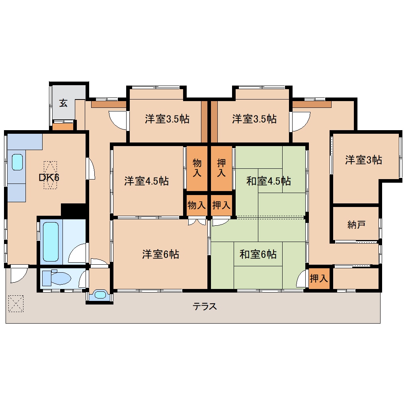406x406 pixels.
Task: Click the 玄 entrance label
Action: pyautogui.click(x=63, y=103)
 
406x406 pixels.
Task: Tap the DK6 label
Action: pyautogui.click(x=49, y=178)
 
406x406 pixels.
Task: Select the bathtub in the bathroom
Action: pyautogui.click(x=51, y=242)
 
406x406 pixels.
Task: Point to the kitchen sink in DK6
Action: pyautogui.click(x=18, y=162)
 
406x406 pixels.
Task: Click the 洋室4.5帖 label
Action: pyautogui.click(x=146, y=181)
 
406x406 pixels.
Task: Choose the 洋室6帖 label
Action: pyautogui.click(x=160, y=254)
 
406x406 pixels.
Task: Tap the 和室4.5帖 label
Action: pyautogui.click(x=268, y=181)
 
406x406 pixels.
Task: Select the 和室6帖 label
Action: pyautogui.click(x=258, y=254)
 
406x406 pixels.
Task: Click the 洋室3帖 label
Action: pyautogui.click(x=363, y=160)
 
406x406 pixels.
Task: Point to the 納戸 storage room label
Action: pyautogui.click(x=356, y=225)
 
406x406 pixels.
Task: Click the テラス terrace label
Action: pyautogui.click(x=205, y=306)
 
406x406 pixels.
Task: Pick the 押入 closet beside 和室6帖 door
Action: pyautogui.click(x=319, y=279)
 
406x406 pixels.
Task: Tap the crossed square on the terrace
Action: pyautogui.click(x=16, y=303)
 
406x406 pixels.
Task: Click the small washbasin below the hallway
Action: pyautogui.click(x=100, y=295)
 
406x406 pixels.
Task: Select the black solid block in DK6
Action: pyautogui.click(x=74, y=210)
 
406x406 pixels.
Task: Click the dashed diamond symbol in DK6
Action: pyautogui.click(x=50, y=175)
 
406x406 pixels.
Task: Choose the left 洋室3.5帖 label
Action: pyautogui.click(x=167, y=119)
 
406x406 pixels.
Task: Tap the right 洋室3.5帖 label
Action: pyautogui.click(x=254, y=119)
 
